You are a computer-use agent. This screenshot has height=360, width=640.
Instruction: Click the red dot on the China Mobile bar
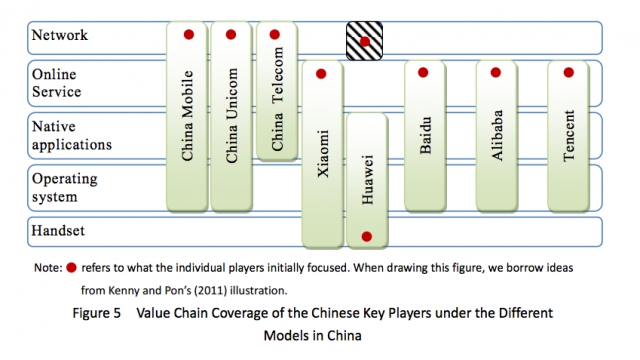189,35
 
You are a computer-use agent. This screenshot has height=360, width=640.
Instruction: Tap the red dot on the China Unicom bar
231,35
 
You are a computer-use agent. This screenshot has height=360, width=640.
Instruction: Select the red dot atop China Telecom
275,35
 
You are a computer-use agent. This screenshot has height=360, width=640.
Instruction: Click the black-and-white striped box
364,41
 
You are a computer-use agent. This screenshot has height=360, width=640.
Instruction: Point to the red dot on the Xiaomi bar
321,74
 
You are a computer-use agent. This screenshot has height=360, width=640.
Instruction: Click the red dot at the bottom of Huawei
367,236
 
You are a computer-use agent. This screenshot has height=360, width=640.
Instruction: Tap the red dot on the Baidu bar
423,73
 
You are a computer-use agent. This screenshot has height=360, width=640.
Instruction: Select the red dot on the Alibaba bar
496,73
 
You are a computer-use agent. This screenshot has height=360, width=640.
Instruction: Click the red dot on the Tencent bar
569,73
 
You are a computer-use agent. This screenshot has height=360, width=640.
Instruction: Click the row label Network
60,35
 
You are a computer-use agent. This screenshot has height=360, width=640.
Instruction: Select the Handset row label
58,231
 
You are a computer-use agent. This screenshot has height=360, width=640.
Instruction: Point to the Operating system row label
64,187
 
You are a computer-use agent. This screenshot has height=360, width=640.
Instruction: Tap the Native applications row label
71,135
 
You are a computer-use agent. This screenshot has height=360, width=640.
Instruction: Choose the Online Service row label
56,83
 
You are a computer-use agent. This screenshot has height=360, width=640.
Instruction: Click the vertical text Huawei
367,179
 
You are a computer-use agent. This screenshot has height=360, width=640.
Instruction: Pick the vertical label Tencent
569,136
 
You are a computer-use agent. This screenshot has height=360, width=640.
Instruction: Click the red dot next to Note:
71,268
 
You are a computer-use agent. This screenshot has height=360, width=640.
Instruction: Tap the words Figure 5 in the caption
97,313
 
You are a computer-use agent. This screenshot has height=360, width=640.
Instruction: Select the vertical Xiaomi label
323,153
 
